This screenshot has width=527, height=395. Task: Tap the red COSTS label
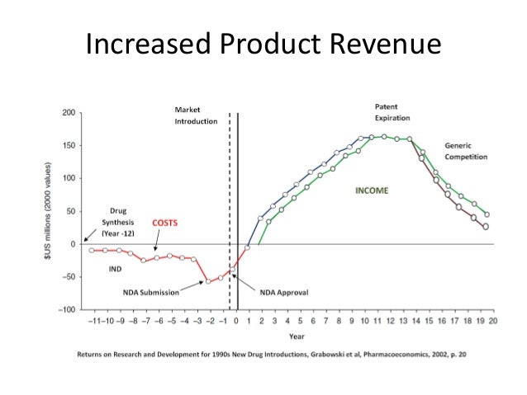pos(166,223)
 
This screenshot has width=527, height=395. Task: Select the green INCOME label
pos(372,191)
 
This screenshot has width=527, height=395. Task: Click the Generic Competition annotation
pos(465,150)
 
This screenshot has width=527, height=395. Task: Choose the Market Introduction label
pos(196,115)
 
